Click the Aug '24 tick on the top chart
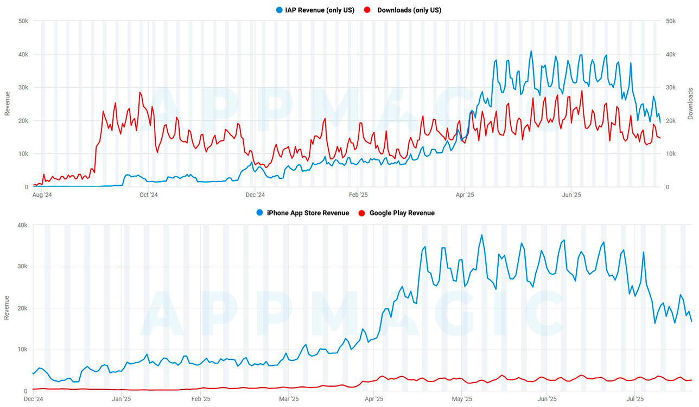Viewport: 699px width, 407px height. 42,195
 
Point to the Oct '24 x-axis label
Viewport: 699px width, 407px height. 148,195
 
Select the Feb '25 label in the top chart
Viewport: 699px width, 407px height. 358,195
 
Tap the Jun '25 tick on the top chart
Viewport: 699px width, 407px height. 571,195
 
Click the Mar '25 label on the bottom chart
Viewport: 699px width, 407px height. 288,399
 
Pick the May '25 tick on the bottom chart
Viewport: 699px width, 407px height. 461,399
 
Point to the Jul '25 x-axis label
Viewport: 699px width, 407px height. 636,399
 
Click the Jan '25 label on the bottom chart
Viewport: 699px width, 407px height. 120,399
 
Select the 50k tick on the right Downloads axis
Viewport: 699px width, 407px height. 670,21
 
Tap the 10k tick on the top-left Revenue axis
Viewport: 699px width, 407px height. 23,154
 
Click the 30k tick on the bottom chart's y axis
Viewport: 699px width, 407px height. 21,267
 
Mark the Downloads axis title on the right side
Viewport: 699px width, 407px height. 690,104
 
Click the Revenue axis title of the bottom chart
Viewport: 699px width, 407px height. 7,307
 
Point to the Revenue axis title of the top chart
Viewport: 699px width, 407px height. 7,104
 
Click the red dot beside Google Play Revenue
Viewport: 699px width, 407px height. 363,213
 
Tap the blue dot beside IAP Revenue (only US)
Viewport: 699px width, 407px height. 279,10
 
